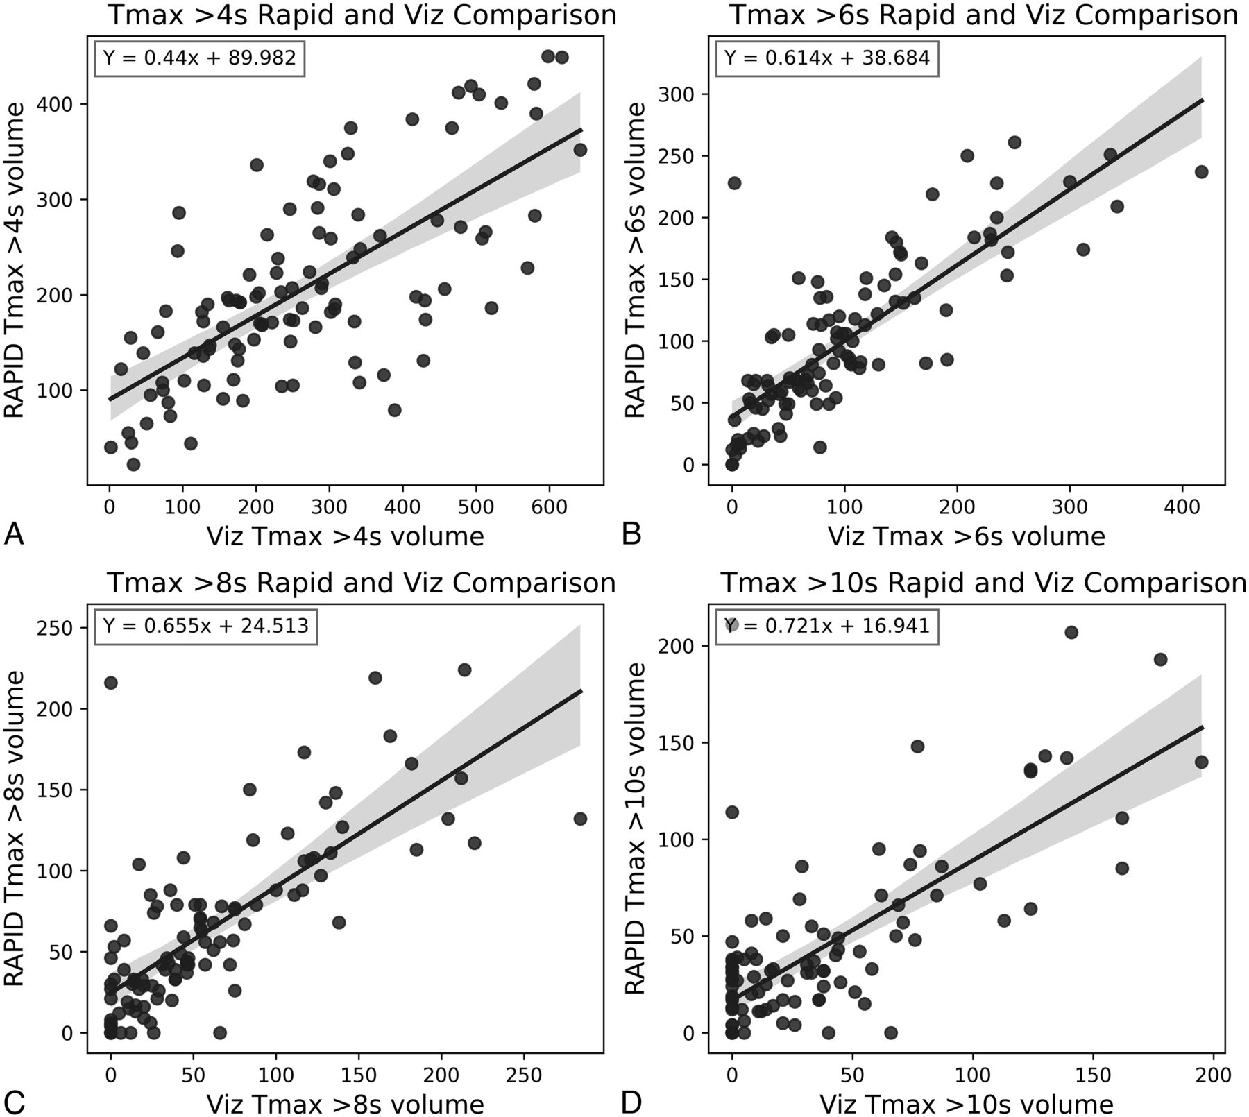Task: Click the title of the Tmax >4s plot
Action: tap(362, 15)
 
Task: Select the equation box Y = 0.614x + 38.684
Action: tap(827, 57)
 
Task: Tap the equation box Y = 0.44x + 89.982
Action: tap(200, 57)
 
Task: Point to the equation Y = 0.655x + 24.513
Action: tap(205, 626)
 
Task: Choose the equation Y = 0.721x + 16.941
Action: tap(827, 626)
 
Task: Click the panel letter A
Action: tap(14, 535)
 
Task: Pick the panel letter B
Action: tap(632, 535)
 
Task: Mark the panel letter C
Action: tap(14, 1102)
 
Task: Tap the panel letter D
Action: tap(632, 1102)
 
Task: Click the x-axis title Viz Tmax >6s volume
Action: tap(966, 536)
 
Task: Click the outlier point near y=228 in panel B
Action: tap(734, 183)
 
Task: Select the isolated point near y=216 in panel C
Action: tap(111, 683)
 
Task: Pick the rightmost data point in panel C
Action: tap(580, 819)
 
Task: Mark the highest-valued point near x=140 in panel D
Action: tap(1071, 632)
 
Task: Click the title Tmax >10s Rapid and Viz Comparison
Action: tap(984, 583)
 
